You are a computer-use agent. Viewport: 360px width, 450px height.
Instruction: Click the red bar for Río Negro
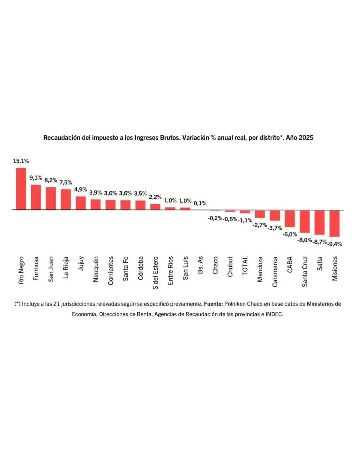pos(21,188)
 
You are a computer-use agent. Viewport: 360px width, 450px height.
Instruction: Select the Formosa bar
pos(36,197)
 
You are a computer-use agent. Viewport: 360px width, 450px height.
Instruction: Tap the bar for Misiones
pos(334,223)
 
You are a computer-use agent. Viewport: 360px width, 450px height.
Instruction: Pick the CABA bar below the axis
pos(290,218)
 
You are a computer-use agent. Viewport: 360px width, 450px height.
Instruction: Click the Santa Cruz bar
pos(305,221)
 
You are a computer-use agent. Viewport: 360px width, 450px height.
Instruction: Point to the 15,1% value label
pos(21,161)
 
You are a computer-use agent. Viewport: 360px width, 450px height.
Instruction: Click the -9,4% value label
pos(335,244)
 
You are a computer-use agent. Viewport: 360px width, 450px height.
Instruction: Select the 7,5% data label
pos(66,182)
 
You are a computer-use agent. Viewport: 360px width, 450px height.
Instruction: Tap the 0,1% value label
pos(200,203)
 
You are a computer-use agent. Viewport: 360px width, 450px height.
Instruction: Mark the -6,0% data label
pos(290,235)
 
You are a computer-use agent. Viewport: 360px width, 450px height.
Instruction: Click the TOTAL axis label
pos(245,266)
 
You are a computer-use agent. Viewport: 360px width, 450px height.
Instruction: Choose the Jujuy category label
pos(81,263)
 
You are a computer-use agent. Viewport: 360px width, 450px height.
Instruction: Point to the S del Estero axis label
pos(155,273)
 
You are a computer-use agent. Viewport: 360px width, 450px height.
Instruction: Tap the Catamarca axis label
pos(275,272)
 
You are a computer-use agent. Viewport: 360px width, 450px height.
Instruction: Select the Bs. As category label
pos(200,265)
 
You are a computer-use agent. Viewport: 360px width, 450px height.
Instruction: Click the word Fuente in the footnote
pos(213,304)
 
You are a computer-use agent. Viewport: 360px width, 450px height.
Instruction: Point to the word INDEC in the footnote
pos(274,314)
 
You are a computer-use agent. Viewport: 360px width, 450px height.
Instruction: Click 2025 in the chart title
pos(306,138)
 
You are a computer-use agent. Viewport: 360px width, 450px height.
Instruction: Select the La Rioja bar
pos(66,199)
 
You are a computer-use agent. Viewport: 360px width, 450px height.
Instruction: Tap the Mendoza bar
pos(260,214)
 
